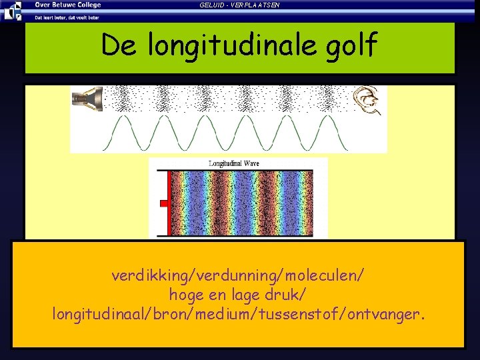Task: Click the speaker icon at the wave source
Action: [87, 98]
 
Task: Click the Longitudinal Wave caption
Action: [234, 163]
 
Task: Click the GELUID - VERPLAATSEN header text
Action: [239, 5]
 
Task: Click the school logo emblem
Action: [11, 10]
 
